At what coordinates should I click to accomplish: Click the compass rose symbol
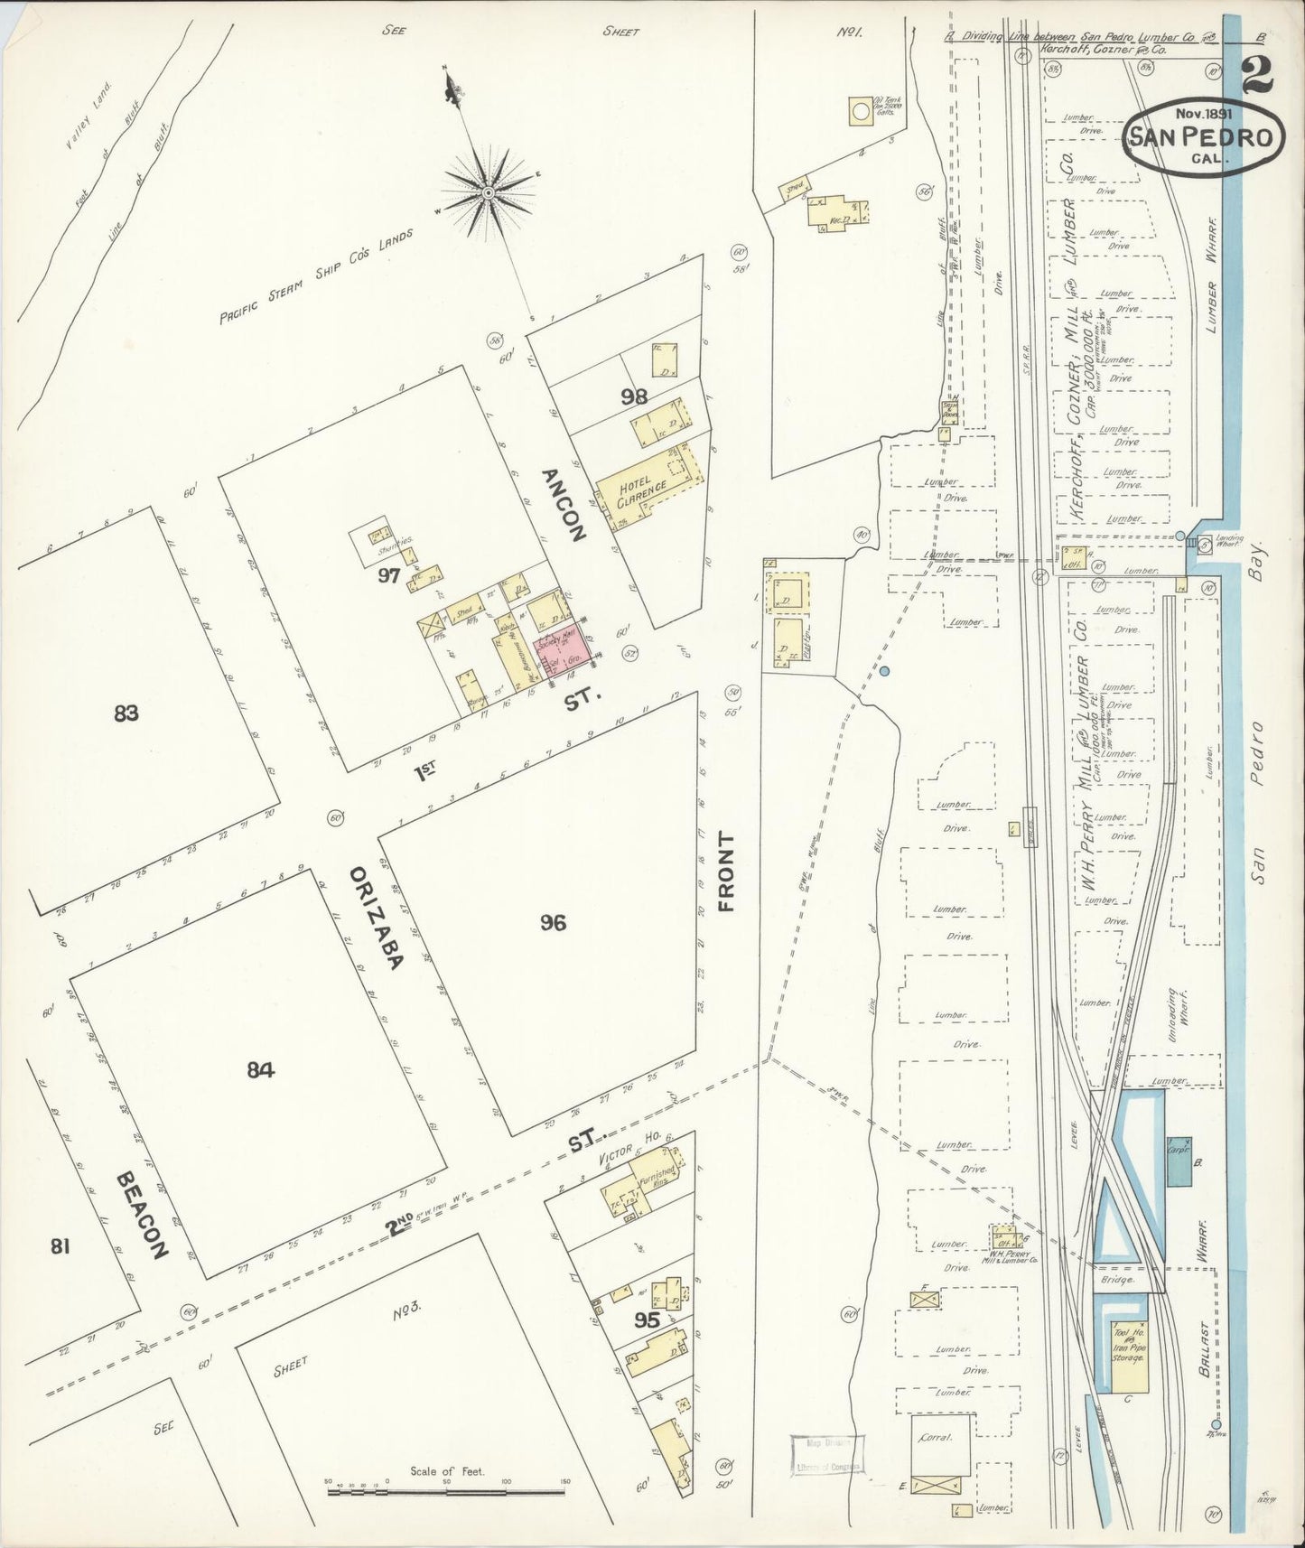pos(488,192)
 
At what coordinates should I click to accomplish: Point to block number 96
pos(553,922)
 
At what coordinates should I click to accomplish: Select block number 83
pos(126,713)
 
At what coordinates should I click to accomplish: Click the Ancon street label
pos(564,504)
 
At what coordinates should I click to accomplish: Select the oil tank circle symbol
pos(861,111)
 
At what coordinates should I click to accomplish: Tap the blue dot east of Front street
pos(885,670)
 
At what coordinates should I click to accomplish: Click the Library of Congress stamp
pos(826,1455)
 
